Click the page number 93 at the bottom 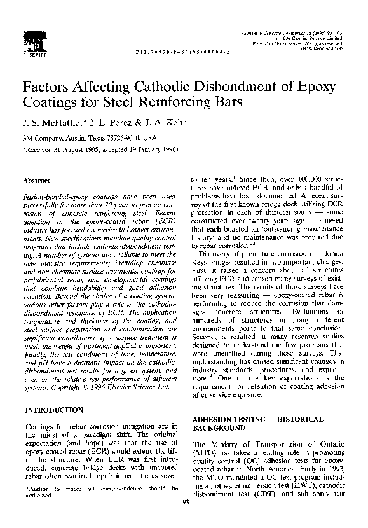pos(185,521)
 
